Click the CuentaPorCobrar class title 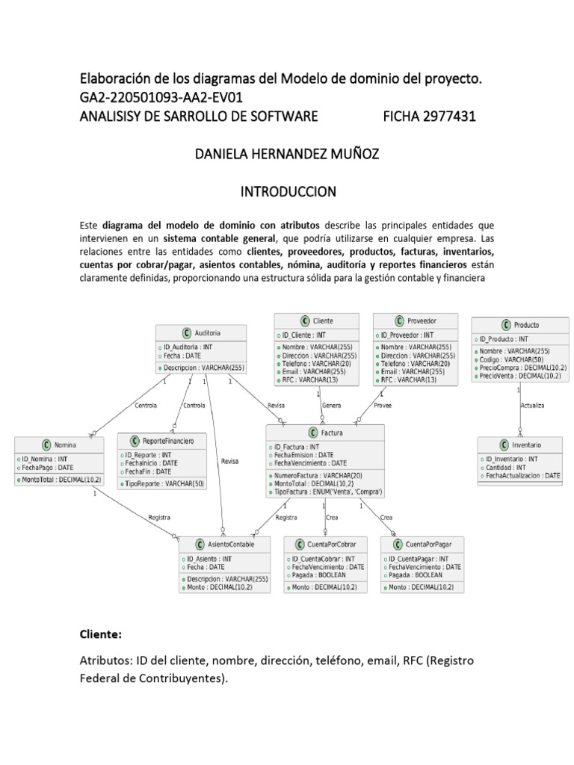[x=325, y=545]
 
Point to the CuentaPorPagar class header [x=422, y=545]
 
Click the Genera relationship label [x=331, y=405]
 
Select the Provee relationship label [x=383, y=405]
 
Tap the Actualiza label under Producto [x=532, y=406]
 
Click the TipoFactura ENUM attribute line [x=329, y=492]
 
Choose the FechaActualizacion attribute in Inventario [x=522, y=475]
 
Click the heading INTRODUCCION [x=288, y=192]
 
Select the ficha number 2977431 [x=429, y=116]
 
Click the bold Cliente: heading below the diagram [x=100, y=634]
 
